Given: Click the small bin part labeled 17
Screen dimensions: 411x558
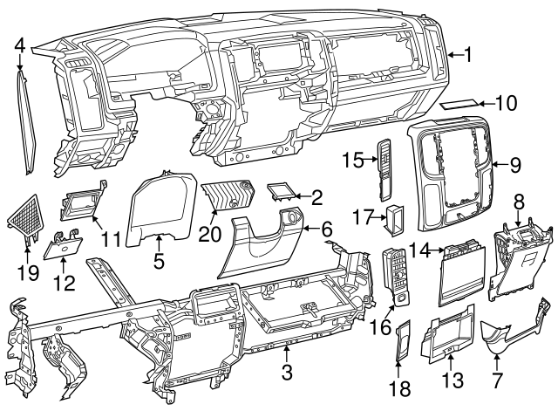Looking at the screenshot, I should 394,217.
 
